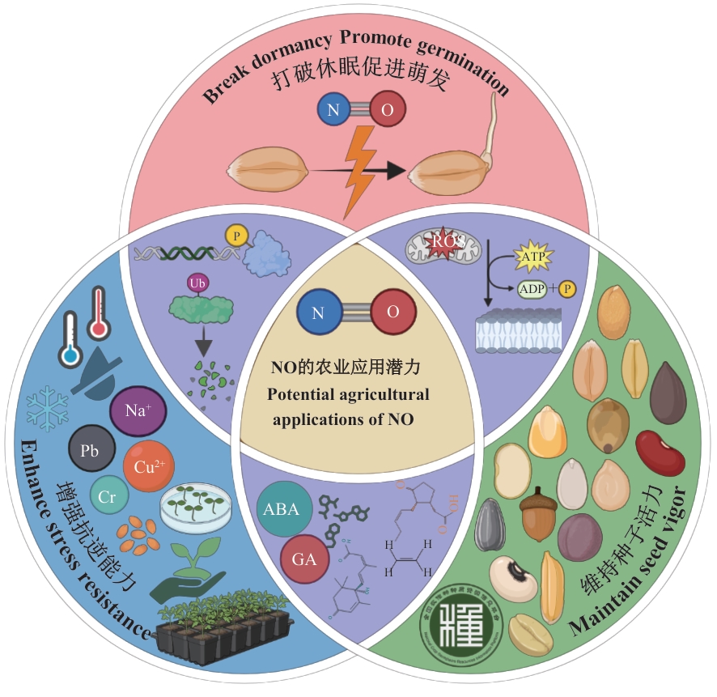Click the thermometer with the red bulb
click(100, 313)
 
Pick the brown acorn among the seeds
click(537, 512)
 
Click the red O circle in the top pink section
click(388, 111)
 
